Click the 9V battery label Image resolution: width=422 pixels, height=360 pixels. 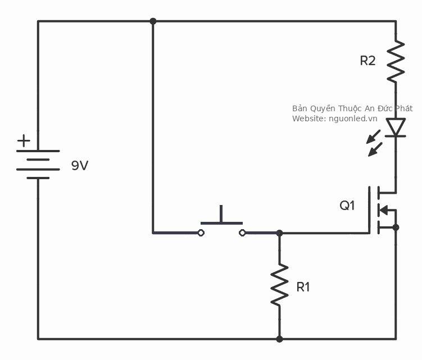(x=80, y=166)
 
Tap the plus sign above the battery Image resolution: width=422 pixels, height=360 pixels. (x=24, y=140)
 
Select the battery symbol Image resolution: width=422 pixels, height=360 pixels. (x=38, y=164)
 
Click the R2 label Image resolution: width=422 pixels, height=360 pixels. (x=367, y=61)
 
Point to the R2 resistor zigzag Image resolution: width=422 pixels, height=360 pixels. (x=396, y=60)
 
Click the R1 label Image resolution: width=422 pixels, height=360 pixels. (x=303, y=287)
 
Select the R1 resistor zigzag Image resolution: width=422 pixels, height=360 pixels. (x=279, y=286)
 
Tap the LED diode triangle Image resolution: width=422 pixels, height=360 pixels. (x=396, y=127)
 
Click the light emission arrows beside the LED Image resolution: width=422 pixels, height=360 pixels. (x=374, y=143)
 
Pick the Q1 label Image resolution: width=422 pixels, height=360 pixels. (x=347, y=206)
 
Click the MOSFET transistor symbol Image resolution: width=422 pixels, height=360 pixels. (x=382, y=211)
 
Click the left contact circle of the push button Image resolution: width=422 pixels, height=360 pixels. (x=201, y=233)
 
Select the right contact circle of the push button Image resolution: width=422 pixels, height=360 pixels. (x=242, y=233)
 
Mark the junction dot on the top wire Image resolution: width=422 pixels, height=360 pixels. (x=153, y=21)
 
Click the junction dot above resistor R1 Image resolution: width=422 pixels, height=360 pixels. (x=279, y=233)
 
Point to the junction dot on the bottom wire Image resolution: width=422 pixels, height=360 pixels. (x=279, y=339)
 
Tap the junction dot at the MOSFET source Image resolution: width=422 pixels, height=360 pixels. (x=396, y=227)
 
